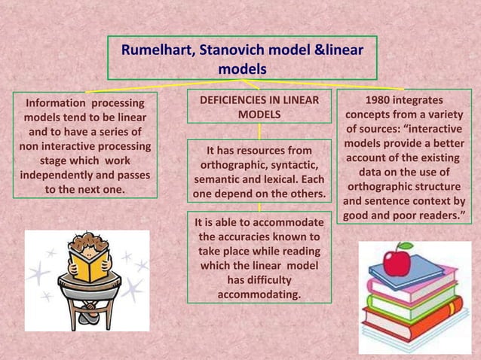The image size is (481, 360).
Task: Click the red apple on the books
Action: pyautogui.click(x=397, y=261)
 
